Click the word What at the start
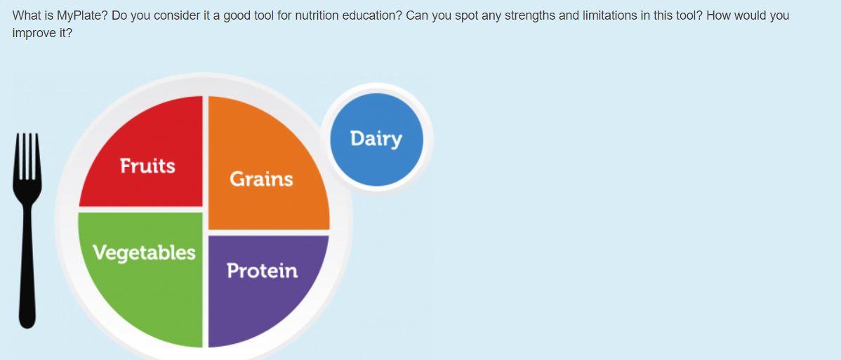click(x=26, y=15)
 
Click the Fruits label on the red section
click(x=147, y=166)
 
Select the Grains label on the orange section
click(x=261, y=179)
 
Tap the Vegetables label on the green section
click(x=144, y=252)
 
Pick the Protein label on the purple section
click(x=262, y=270)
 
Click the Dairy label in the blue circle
click(x=376, y=138)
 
